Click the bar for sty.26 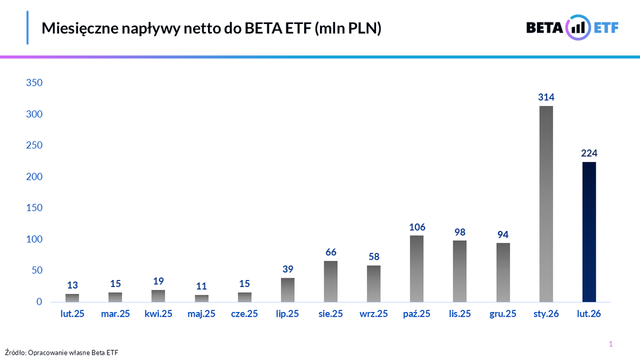pos(546,204)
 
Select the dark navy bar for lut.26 pos(589,232)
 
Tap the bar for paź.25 pos(417,269)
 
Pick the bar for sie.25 pos(330,281)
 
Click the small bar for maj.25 pos(202,298)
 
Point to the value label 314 pos(546,97)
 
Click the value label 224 pos(589,154)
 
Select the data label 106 pos(417,227)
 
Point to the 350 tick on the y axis pos(34,83)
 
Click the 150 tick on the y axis pos(34,208)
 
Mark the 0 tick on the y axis pos(38,302)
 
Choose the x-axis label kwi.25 pos(158,314)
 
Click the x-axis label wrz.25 pos(374,314)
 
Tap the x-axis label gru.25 pos(503,314)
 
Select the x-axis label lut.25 pos(72,314)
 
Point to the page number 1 pos(611,344)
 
